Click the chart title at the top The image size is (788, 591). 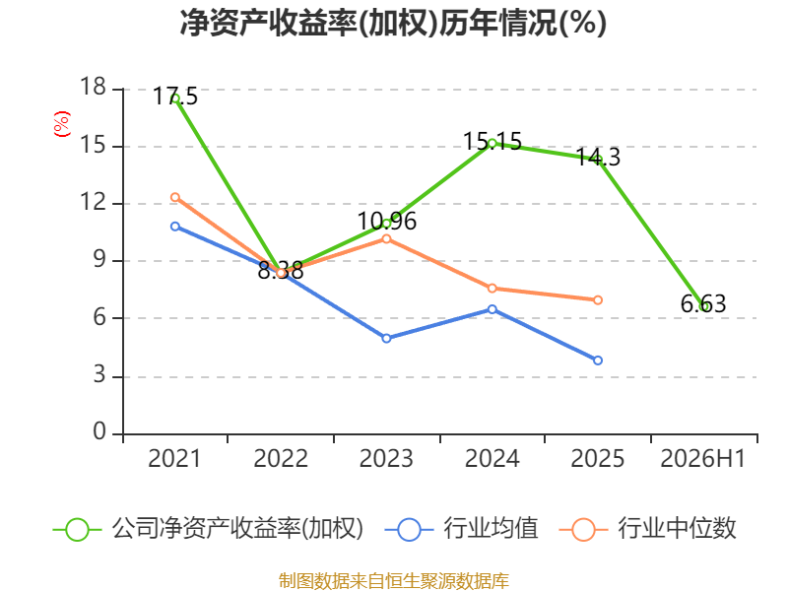393,23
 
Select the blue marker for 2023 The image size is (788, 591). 386,338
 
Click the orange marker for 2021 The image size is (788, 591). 175,198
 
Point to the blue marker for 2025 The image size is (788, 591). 598,361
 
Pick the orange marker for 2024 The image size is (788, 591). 492,288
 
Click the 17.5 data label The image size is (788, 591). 175,96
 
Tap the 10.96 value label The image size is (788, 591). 386,221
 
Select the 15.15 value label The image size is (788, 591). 492,141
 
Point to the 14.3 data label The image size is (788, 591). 598,158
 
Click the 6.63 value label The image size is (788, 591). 703,304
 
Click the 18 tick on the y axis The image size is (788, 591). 93,87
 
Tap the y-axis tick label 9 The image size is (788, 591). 99,260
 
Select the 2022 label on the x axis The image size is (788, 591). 281,459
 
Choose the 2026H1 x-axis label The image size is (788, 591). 703,459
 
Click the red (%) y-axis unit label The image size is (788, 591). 62,124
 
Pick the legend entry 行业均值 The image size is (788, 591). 462,529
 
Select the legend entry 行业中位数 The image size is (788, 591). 648,529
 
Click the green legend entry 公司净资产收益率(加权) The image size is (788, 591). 208,529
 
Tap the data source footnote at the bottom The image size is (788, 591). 394,581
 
